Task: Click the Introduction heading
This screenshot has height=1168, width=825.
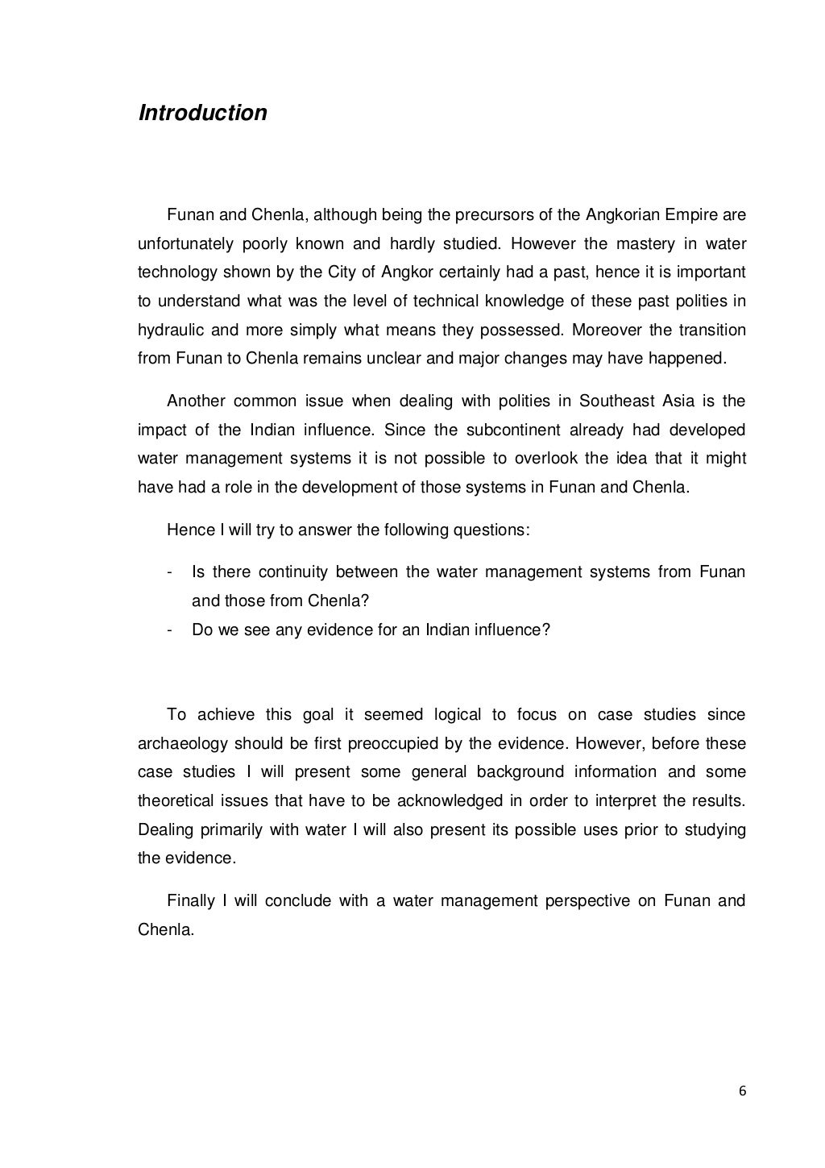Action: [x=202, y=113]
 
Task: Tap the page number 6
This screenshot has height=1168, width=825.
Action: [x=741, y=1091]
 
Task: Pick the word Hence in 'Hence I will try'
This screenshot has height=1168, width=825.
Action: [x=185, y=530]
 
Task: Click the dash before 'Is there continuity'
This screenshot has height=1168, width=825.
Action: [x=169, y=572]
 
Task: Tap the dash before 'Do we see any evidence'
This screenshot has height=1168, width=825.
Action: [x=169, y=630]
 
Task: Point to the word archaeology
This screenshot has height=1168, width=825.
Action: [x=181, y=743]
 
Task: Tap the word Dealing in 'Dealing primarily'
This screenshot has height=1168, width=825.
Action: [x=164, y=829]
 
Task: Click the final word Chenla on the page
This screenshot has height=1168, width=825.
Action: [x=164, y=929]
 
